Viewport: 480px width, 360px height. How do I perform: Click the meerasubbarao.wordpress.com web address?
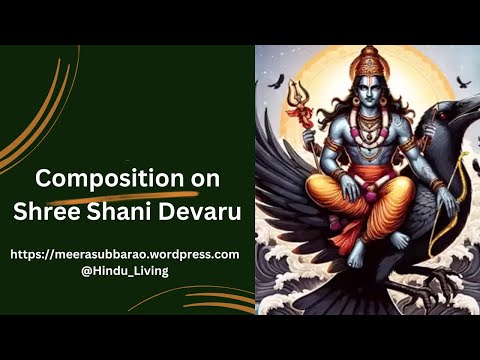tap(125, 254)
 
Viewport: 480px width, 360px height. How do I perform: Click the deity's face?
tap(368, 96)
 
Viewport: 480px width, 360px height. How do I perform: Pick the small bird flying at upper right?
tap(461, 82)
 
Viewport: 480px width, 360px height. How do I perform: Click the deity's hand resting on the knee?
tap(410, 187)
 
